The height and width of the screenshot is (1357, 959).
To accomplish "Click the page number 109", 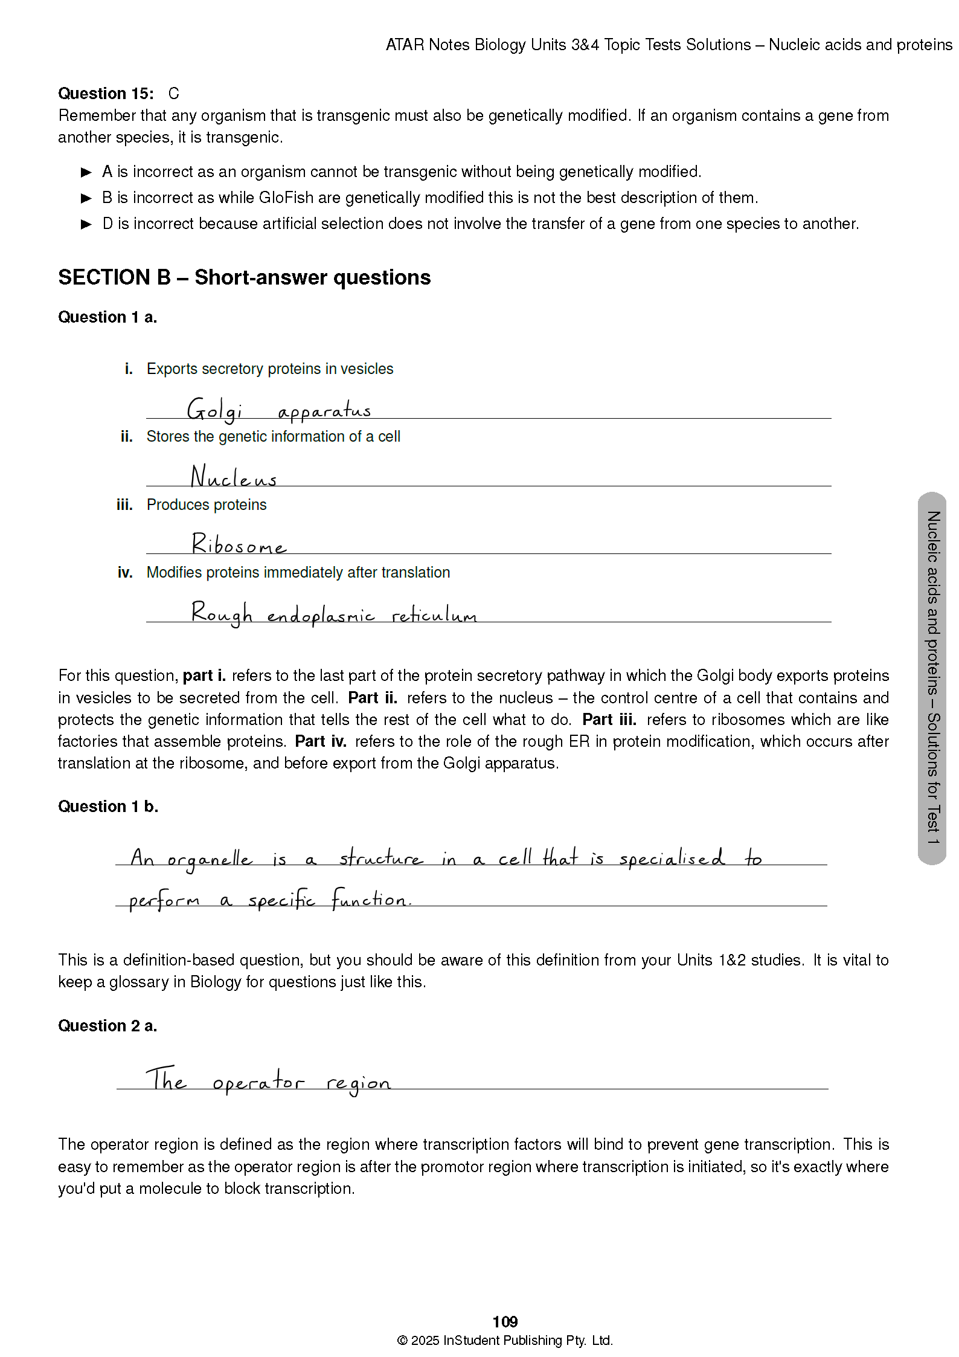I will pos(505,1321).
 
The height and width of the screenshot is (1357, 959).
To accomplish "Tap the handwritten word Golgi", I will pos(214,410).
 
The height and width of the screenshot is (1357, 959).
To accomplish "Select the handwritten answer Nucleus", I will pos(234,477).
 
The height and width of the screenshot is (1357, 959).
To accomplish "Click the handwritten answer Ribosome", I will pos(239,544).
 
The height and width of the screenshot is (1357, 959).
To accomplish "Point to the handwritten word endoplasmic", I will pos(321,615).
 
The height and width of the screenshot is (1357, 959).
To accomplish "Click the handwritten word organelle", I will pos(210,859).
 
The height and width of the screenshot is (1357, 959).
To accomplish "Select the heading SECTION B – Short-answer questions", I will pos(245,277).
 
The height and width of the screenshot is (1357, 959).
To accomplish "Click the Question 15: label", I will pos(106,94).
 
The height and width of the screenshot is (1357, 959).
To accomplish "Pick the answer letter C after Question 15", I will pos(174,94).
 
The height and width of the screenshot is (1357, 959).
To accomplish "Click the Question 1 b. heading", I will pos(108,807).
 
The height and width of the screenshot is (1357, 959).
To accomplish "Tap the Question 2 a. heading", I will pos(107,1026).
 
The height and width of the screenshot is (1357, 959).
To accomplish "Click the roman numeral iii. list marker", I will pos(124,504).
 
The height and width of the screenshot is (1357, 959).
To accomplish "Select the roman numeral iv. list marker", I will pos(125,572).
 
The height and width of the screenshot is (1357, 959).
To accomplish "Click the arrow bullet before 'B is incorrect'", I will pos(86,198).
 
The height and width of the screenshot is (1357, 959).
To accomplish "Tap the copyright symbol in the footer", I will pos(402,1341).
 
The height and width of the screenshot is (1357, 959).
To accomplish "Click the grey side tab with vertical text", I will pos(932,678).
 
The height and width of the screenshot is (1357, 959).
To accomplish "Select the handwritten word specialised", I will pos(672,859).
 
